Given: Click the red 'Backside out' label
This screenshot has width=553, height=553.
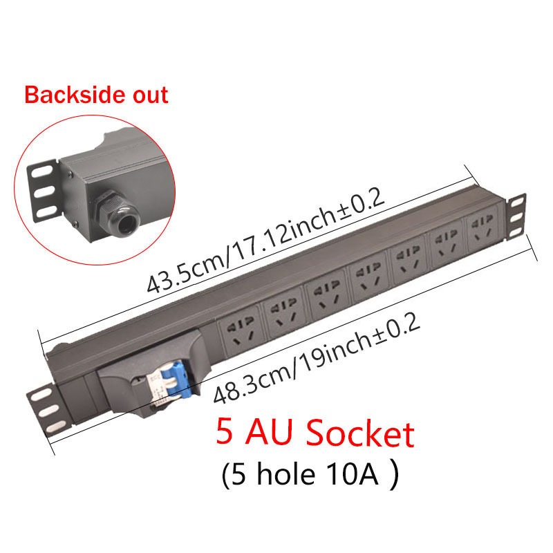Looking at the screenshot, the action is coord(97,95).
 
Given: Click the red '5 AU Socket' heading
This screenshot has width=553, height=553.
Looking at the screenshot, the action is coord(315,434).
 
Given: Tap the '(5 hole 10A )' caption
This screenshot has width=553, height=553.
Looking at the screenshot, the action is coord(310,476).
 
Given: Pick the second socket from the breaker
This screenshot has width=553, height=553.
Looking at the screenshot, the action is coord(283,309).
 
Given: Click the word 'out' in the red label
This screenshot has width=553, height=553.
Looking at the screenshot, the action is coord(149,95).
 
